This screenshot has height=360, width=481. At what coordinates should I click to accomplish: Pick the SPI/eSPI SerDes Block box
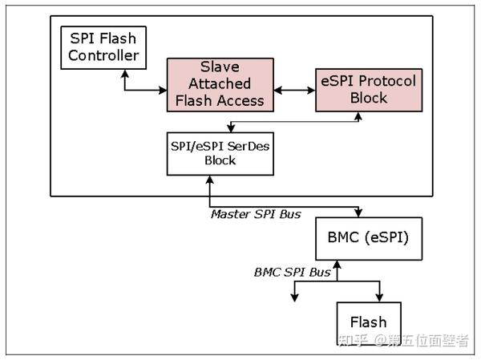pos(220,153)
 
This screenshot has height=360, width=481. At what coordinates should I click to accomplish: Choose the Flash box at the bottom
pos(367,322)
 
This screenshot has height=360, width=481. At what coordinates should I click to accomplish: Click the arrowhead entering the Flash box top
pos(380,296)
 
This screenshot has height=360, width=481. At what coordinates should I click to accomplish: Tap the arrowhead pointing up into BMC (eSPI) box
pos(338,264)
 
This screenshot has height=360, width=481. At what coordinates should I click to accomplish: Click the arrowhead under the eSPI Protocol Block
pos(357,115)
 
